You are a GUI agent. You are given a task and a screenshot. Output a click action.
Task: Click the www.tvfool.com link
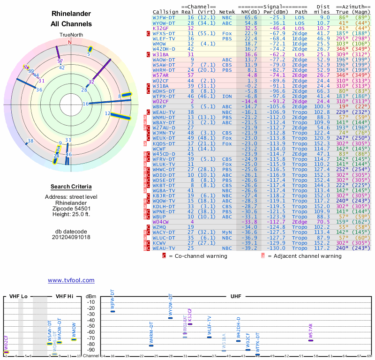pos(71,280)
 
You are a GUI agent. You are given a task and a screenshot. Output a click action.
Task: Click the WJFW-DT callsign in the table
pos(164,17)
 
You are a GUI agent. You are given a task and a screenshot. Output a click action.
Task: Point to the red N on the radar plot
pos(70,42)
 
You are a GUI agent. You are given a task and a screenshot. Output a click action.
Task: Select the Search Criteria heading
pos(71,187)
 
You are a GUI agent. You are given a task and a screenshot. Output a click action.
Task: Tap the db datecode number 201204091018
pos(71,237)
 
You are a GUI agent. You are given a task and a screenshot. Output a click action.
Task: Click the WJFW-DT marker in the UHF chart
pos(112,312)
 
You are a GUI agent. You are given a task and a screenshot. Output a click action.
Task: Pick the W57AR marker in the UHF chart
pos(311,340)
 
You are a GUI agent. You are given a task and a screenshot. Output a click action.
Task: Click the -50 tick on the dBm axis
pos(90,326)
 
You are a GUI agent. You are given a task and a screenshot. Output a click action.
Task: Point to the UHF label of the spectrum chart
pos(236,296)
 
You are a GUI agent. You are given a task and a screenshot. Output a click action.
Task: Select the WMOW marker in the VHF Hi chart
pos(74,339)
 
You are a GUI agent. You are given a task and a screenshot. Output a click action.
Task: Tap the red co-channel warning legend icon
pos(164,256)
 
